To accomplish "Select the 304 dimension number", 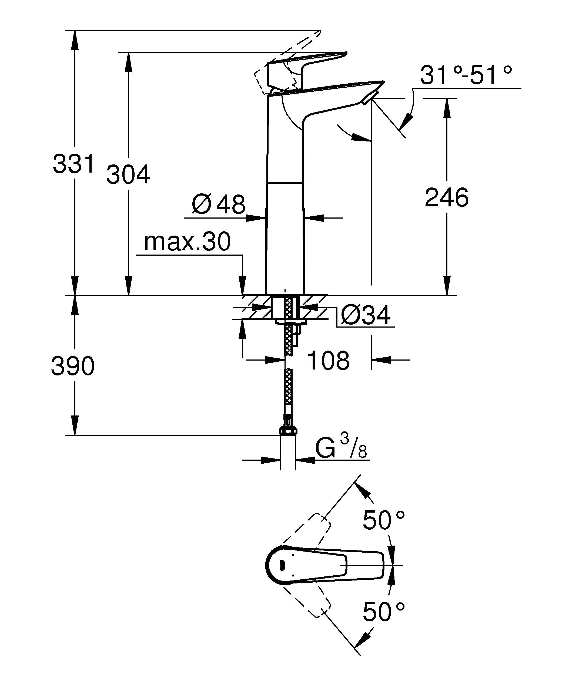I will point(128,175).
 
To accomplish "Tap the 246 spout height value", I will point(447,197).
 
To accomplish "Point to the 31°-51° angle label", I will point(466,75).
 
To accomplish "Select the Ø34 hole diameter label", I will point(366,315).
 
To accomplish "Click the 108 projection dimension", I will point(328,360).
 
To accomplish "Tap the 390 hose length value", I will point(73,366).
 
